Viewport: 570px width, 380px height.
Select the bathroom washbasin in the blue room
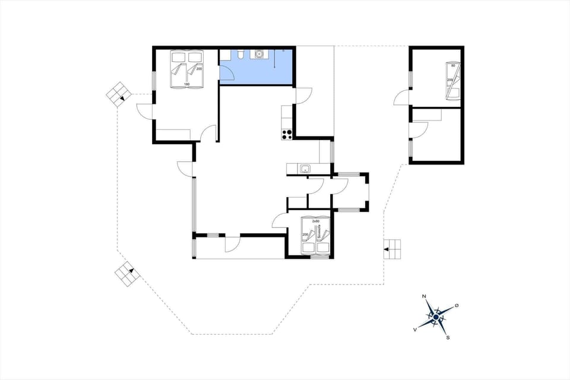(x=258, y=54)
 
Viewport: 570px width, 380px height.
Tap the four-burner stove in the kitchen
(x=287, y=134)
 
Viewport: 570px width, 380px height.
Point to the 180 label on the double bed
(x=186, y=84)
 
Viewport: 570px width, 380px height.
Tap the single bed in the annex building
(x=453, y=80)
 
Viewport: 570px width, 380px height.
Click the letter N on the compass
(x=424, y=296)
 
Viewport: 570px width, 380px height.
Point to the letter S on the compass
(x=448, y=338)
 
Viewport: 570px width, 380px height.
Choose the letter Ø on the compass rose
(x=456, y=305)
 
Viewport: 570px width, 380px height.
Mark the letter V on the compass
(x=414, y=328)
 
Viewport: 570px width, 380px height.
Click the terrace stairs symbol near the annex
(x=392, y=249)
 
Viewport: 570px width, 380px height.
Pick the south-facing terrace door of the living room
(x=232, y=244)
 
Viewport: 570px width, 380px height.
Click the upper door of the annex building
(x=402, y=99)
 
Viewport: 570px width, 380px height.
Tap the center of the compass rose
(x=436, y=318)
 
